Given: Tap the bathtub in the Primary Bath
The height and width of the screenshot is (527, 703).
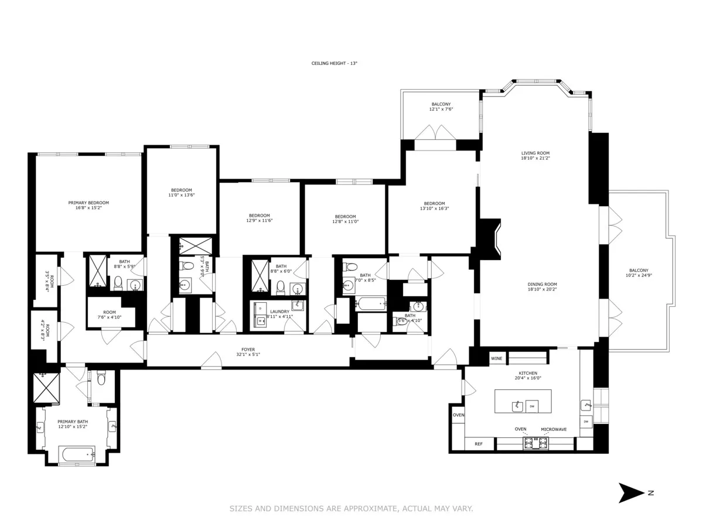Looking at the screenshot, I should [x=77, y=454].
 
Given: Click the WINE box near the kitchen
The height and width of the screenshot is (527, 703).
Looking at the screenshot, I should [x=497, y=358].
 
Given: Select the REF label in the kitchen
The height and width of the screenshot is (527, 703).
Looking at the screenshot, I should [x=479, y=444].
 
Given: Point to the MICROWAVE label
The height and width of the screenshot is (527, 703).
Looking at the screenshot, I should [x=554, y=429].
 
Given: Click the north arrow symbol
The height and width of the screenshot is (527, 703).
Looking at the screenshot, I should [x=630, y=493].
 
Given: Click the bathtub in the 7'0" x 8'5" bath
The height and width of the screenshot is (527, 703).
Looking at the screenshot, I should [x=370, y=304].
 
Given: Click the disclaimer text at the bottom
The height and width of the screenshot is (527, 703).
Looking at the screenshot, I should [x=351, y=509].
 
